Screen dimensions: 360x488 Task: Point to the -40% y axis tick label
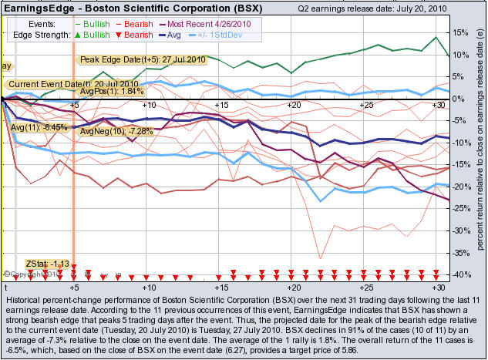[x=459, y=275]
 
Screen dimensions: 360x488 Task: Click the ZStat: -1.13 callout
[x=48, y=263]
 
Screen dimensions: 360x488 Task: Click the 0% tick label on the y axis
[x=457, y=99]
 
